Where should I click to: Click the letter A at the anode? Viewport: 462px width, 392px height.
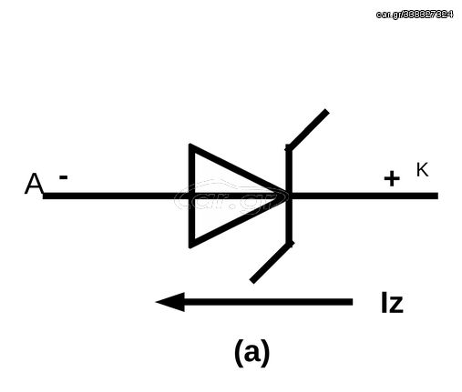[34, 184]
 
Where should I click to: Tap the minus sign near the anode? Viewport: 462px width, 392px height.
[63, 177]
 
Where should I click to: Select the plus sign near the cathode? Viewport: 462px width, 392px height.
[392, 178]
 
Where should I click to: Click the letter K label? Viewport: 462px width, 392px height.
[422, 170]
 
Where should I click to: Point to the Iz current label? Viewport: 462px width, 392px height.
[392, 303]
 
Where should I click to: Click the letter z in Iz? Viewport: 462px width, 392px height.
[395, 305]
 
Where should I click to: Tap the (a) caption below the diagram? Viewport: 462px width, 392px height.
[252, 353]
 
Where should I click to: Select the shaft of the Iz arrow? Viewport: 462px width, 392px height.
[268, 302]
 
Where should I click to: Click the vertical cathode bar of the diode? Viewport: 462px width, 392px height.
[289, 196]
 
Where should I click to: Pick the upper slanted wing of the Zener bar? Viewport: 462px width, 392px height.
[308, 129]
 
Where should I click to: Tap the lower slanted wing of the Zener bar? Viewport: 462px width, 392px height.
[272, 262]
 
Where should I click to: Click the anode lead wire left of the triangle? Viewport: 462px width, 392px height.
[116, 196]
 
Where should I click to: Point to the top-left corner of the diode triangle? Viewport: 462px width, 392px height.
[190, 145]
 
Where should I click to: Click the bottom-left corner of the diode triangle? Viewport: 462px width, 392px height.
[190, 247]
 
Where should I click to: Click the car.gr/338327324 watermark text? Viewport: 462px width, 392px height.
[415, 15]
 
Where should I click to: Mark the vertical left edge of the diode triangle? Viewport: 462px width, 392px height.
[191, 196]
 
